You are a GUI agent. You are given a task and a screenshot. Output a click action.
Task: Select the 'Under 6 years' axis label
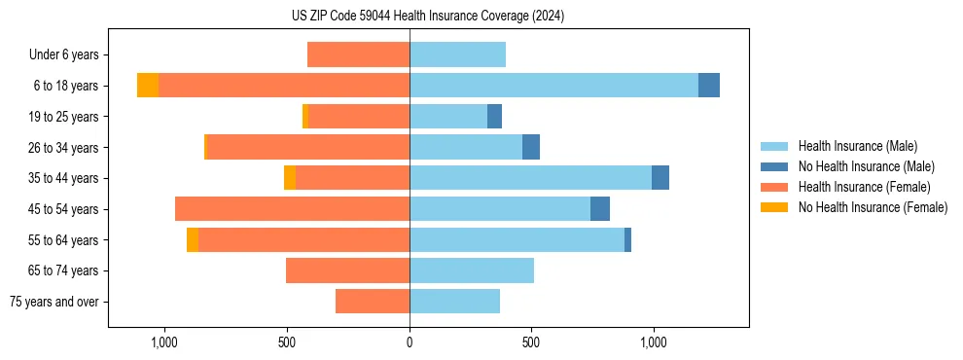click(x=69, y=55)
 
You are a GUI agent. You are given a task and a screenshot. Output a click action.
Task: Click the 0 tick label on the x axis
click(x=410, y=342)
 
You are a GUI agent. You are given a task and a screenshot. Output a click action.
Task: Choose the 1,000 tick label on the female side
click(x=164, y=342)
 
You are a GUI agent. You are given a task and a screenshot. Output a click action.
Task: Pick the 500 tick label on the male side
click(x=531, y=342)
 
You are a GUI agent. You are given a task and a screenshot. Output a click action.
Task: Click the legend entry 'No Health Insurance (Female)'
click(x=873, y=207)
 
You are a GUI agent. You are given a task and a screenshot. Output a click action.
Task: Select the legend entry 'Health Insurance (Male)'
click(x=858, y=146)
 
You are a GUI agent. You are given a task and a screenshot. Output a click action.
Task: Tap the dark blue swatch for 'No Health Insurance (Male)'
click(x=774, y=166)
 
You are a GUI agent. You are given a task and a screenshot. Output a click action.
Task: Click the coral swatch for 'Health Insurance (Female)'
click(x=774, y=187)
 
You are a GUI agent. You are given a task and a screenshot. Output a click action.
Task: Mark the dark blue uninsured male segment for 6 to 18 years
click(x=709, y=86)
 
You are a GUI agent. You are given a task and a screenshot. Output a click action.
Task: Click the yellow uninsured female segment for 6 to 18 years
click(x=148, y=86)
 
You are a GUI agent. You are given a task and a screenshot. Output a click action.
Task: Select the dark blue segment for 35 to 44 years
click(x=660, y=178)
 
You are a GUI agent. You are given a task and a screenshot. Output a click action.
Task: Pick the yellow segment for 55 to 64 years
click(x=193, y=239)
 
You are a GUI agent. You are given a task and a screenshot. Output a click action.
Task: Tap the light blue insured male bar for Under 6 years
click(x=457, y=55)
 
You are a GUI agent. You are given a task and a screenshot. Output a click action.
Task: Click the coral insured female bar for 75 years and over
click(x=373, y=302)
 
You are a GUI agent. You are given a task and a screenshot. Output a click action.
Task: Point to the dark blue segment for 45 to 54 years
click(x=600, y=209)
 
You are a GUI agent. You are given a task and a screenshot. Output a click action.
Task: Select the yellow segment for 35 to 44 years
click(x=290, y=178)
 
